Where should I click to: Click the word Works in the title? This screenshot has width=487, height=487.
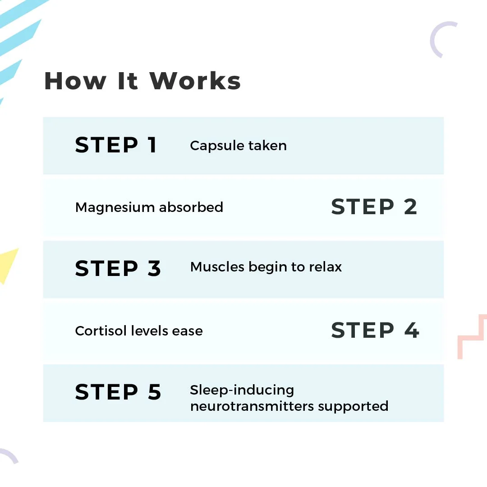point(195,81)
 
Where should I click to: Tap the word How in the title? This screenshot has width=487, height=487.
point(75,81)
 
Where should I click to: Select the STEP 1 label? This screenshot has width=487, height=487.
point(115,145)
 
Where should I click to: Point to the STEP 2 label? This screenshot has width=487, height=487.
point(374,207)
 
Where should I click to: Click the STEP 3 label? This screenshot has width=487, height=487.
point(118,268)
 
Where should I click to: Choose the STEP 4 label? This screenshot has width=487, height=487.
point(375,330)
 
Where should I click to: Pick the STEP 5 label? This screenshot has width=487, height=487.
point(118,392)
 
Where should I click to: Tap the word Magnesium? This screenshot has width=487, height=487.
point(115,207)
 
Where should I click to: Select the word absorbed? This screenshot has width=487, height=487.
point(191,207)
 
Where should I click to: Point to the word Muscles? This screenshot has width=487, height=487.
point(217,267)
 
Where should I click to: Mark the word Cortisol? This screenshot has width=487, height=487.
point(101,331)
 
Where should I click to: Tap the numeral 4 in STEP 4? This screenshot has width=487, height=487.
point(412,330)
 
